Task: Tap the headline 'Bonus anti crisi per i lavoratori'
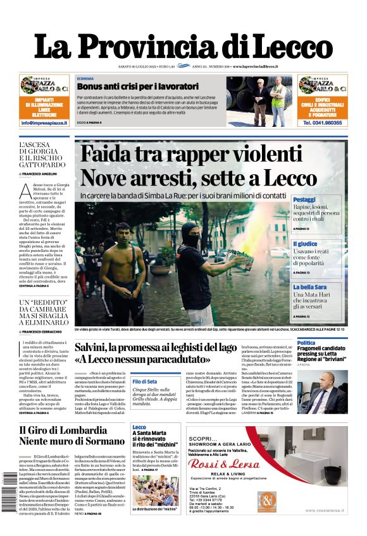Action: tap(129, 85)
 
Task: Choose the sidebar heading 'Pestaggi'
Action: tap(304, 200)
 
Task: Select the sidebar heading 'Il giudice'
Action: tap(304, 244)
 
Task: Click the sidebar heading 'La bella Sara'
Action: tap(308, 287)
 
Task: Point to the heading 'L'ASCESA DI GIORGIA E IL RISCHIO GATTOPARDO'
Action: tap(42, 157)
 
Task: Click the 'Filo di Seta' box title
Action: tap(145, 381)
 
